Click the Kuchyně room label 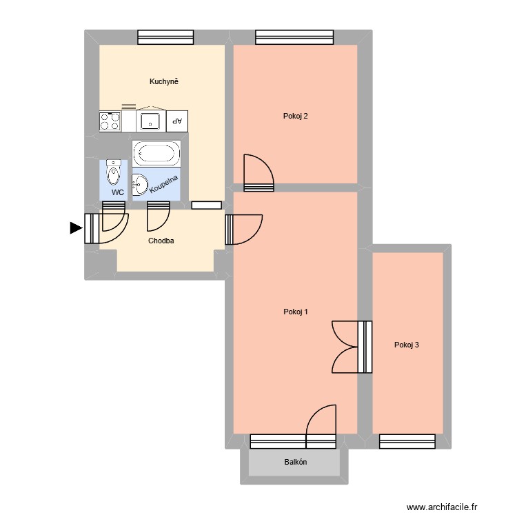coord(164,82)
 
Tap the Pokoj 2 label coord(295,116)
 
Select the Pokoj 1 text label coord(295,312)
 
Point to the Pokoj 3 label coord(407,345)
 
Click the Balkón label coord(295,463)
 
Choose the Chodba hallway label coord(161,241)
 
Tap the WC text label coord(118,193)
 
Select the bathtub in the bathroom coord(156,153)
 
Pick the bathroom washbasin coord(140,183)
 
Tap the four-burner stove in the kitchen coord(110,121)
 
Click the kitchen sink coord(150,121)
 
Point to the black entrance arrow coord(75,229)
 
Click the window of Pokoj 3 coord(407,441)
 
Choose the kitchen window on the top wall coord(165,37)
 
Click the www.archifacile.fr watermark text coord(441,507)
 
